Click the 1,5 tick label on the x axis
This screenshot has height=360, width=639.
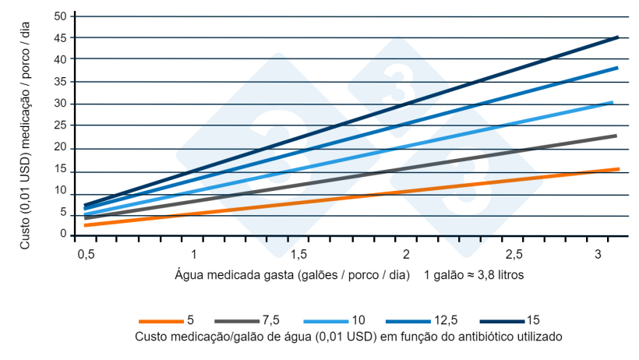point(298,256)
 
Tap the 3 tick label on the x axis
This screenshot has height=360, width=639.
point(597,256)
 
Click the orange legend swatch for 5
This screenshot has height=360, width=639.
point(161,320)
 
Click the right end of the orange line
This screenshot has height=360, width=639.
point(618,169)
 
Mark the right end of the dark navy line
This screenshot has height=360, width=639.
point(618,37)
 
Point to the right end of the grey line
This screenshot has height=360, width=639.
point(616,136)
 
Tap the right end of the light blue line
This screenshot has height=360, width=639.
point(613,102)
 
